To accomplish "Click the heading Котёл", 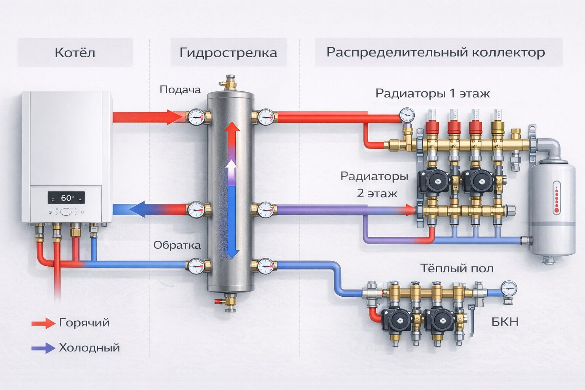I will pyautogui.click(x=75, y=53).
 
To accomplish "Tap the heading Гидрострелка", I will pyautogui.click(x=228, y=53).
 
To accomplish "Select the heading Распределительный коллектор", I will pyautogui.click(x=435, y=52).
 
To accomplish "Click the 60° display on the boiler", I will pyautogui.click(x=66, y=198).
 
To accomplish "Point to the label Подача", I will pyautogui.click(x=180, y=90).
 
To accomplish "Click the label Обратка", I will pyautogui.click(x=177, y=245).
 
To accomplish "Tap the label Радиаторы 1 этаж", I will pyautogui.click(x=432, y=93).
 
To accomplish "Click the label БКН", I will pyautogui.click(x=505, y=322).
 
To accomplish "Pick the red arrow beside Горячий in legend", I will pyautogui.click(x=43, y=323).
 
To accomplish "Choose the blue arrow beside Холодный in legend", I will pyautogui.click(x=43, y=348).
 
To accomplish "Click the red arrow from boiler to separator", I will pyautogui.click(x=149, y=117).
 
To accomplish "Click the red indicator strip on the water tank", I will pyautogui.click(x=556, y=197).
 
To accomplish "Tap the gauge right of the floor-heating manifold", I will pyautogui.click(x=509, y=289).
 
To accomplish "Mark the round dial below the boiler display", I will pyautogui.click(x=66, y=212).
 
